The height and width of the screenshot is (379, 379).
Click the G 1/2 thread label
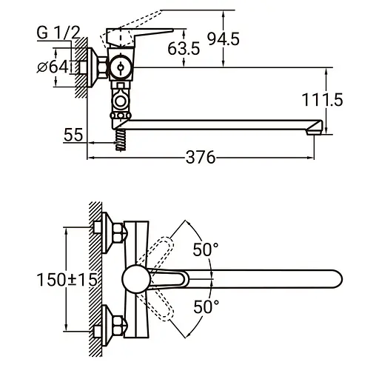[x=58, y=33]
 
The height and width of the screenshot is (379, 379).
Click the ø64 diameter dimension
[x=56, y=67]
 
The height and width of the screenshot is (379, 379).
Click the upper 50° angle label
[x=206, y=249]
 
